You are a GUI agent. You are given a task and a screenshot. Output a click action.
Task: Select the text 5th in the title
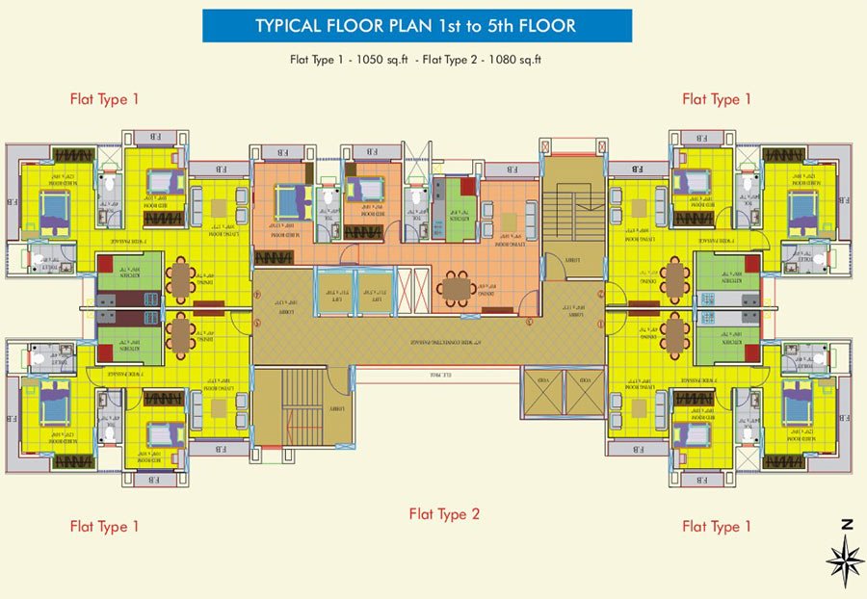click(516, 26)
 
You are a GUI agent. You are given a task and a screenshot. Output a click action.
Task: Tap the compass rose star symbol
click(845, 559)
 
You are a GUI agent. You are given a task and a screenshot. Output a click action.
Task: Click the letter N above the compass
click(846, 525)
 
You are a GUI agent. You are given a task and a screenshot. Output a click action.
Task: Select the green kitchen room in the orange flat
click(453, 211)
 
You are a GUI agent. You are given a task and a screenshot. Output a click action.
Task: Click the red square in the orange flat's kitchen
click(468, 186)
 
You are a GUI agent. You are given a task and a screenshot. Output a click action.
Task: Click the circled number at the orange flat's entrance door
click(529, 322)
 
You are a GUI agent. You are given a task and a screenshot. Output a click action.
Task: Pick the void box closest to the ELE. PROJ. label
click(536, 393)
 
